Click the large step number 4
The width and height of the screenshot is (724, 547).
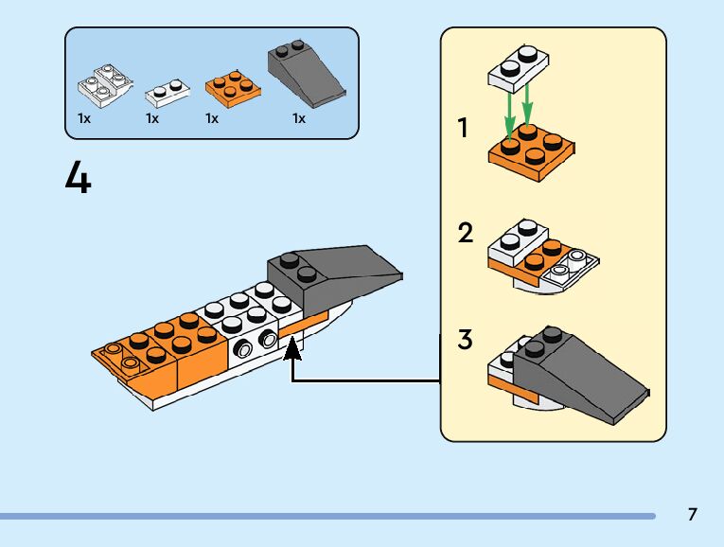click(79, 178)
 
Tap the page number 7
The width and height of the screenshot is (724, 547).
click(693, 515)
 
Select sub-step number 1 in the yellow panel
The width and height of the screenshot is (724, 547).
click(463, 129)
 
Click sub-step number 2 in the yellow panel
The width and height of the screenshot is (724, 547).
click(465, 232)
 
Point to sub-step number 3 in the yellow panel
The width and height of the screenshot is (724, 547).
click(465, 340)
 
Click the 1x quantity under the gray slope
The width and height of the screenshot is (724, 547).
click(299, 119)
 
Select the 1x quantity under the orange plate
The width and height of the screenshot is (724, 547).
click(212, 119)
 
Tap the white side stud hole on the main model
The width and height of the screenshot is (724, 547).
click(247, 349)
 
